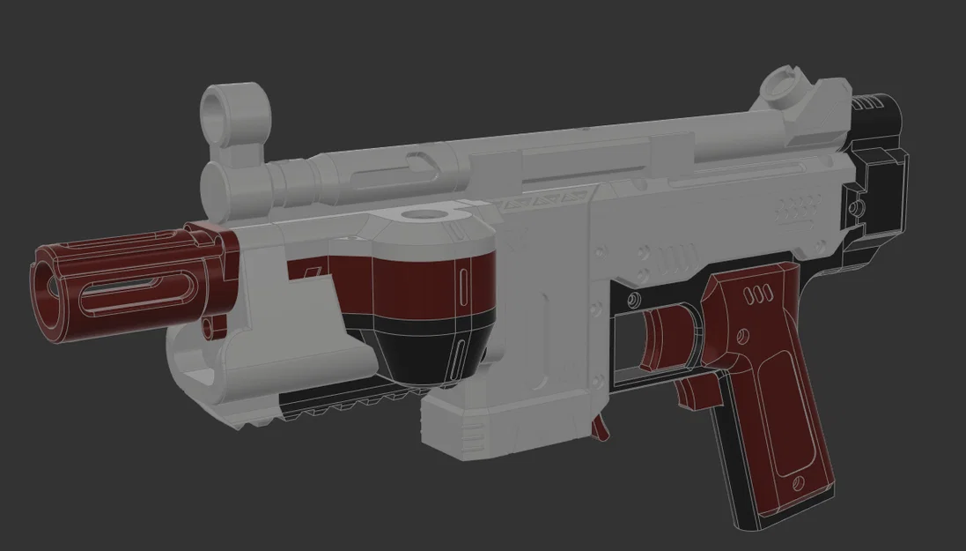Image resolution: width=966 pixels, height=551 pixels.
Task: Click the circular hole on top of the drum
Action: [429, 214]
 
